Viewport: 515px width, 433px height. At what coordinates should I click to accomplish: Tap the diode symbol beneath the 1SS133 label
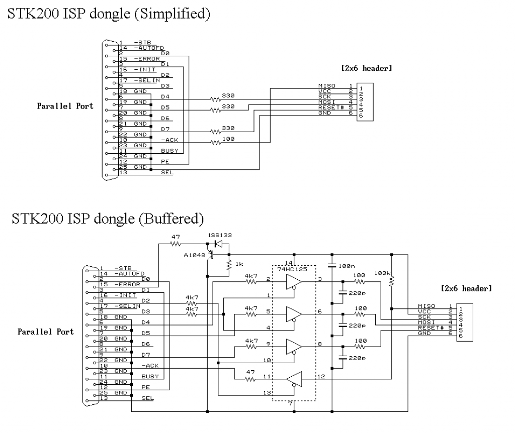pyautogui.click(x=218, y=245)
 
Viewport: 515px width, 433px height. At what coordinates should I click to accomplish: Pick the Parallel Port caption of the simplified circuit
pyautogui.click(x=65, y=106)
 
